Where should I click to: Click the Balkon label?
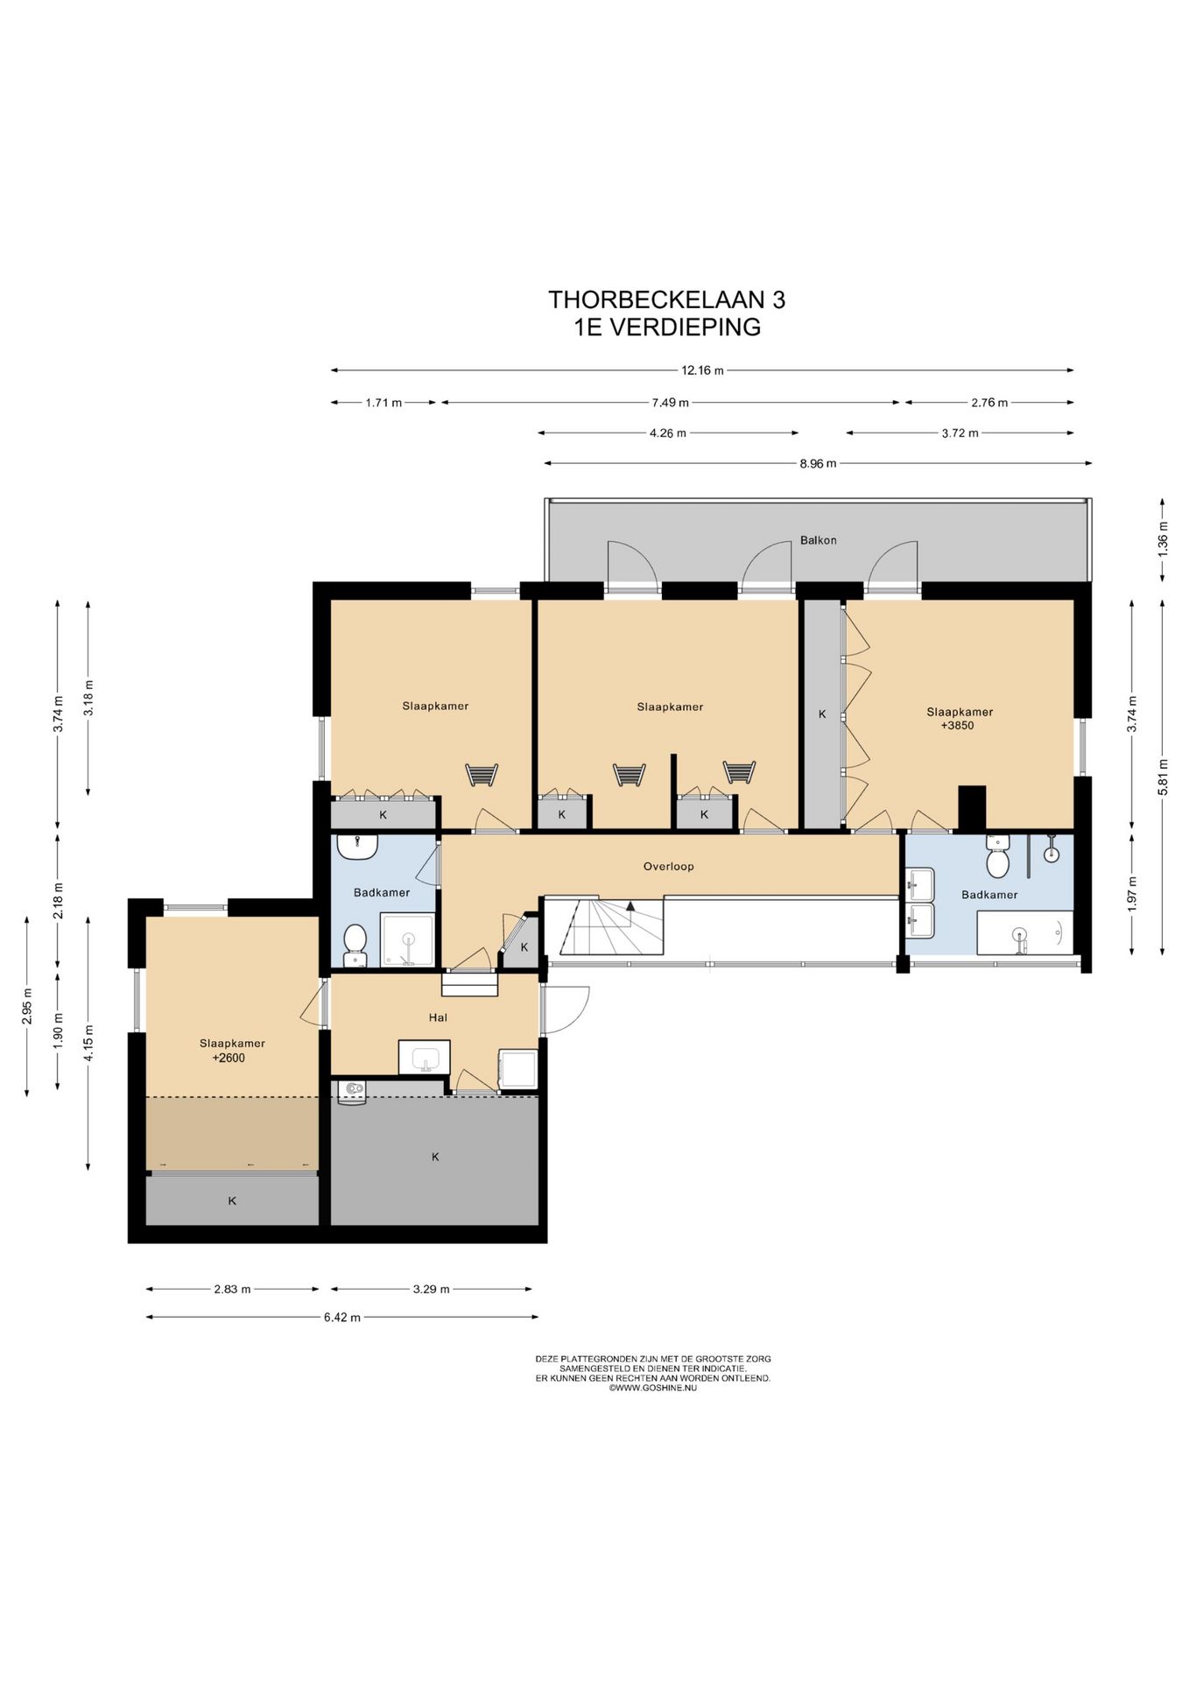(818, 540)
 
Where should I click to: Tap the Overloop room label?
(668, 867)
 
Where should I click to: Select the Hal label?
(438, 1017)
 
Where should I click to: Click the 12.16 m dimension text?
(702, 370)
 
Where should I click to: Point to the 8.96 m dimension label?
(818, 464)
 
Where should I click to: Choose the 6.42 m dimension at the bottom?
(341, 1317)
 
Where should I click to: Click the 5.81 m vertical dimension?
(1163, 777)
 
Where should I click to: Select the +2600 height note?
(229, 1058)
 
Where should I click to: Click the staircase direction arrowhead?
(630, 906)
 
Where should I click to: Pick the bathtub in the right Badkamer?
(1024, 932)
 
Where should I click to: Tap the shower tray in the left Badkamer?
(407, 939)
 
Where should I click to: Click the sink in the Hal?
(425, 1057)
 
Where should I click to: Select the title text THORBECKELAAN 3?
(667, 299)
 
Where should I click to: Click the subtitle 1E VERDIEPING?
(667, 327)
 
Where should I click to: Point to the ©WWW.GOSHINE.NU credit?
(653, 1388)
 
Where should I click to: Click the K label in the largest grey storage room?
(435, 1157)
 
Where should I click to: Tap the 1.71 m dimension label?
(383, 403)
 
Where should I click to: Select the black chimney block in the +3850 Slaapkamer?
(972, 808)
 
